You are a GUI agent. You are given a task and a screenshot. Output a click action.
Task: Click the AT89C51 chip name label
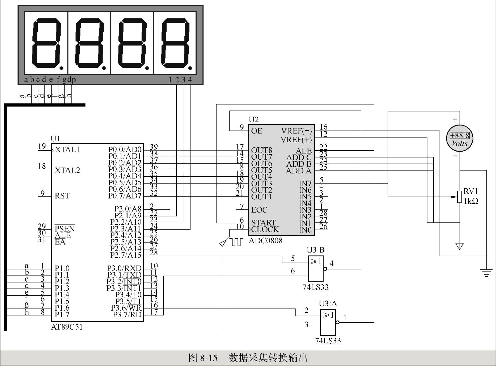pos(67,327)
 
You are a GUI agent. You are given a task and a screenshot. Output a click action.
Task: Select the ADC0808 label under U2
pos(265,241)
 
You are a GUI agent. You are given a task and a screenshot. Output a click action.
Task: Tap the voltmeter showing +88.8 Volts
pos(459,138)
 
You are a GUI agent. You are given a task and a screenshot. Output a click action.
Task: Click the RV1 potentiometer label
pos(470,191)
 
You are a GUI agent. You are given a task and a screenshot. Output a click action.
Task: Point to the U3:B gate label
pos(316,250)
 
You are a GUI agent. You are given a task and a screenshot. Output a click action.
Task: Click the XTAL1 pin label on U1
pos(67,149)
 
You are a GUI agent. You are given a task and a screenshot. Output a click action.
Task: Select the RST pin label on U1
pos(62,196)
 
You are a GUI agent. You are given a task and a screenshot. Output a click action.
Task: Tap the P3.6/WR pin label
pos(126,308)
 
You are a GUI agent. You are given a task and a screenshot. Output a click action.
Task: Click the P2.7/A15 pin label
pos(126,255)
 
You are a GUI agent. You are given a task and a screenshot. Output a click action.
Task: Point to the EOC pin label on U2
pos(259,210)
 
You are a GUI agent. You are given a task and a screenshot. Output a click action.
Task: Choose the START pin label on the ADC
pos(264,222)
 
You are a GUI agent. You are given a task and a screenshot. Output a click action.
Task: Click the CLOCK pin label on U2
pos(265,229)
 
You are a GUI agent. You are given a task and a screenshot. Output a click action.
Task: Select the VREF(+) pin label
pos(296,140)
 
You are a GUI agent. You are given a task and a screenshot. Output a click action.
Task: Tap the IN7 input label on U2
pos(305,184)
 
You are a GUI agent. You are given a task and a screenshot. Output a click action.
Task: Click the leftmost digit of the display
pos(46,43)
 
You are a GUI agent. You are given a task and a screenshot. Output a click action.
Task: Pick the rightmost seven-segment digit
pos(175,43)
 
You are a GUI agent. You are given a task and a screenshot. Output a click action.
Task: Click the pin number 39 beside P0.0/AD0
pos(154,147)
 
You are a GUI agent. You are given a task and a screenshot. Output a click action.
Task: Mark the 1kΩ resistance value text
pos(471,201)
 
